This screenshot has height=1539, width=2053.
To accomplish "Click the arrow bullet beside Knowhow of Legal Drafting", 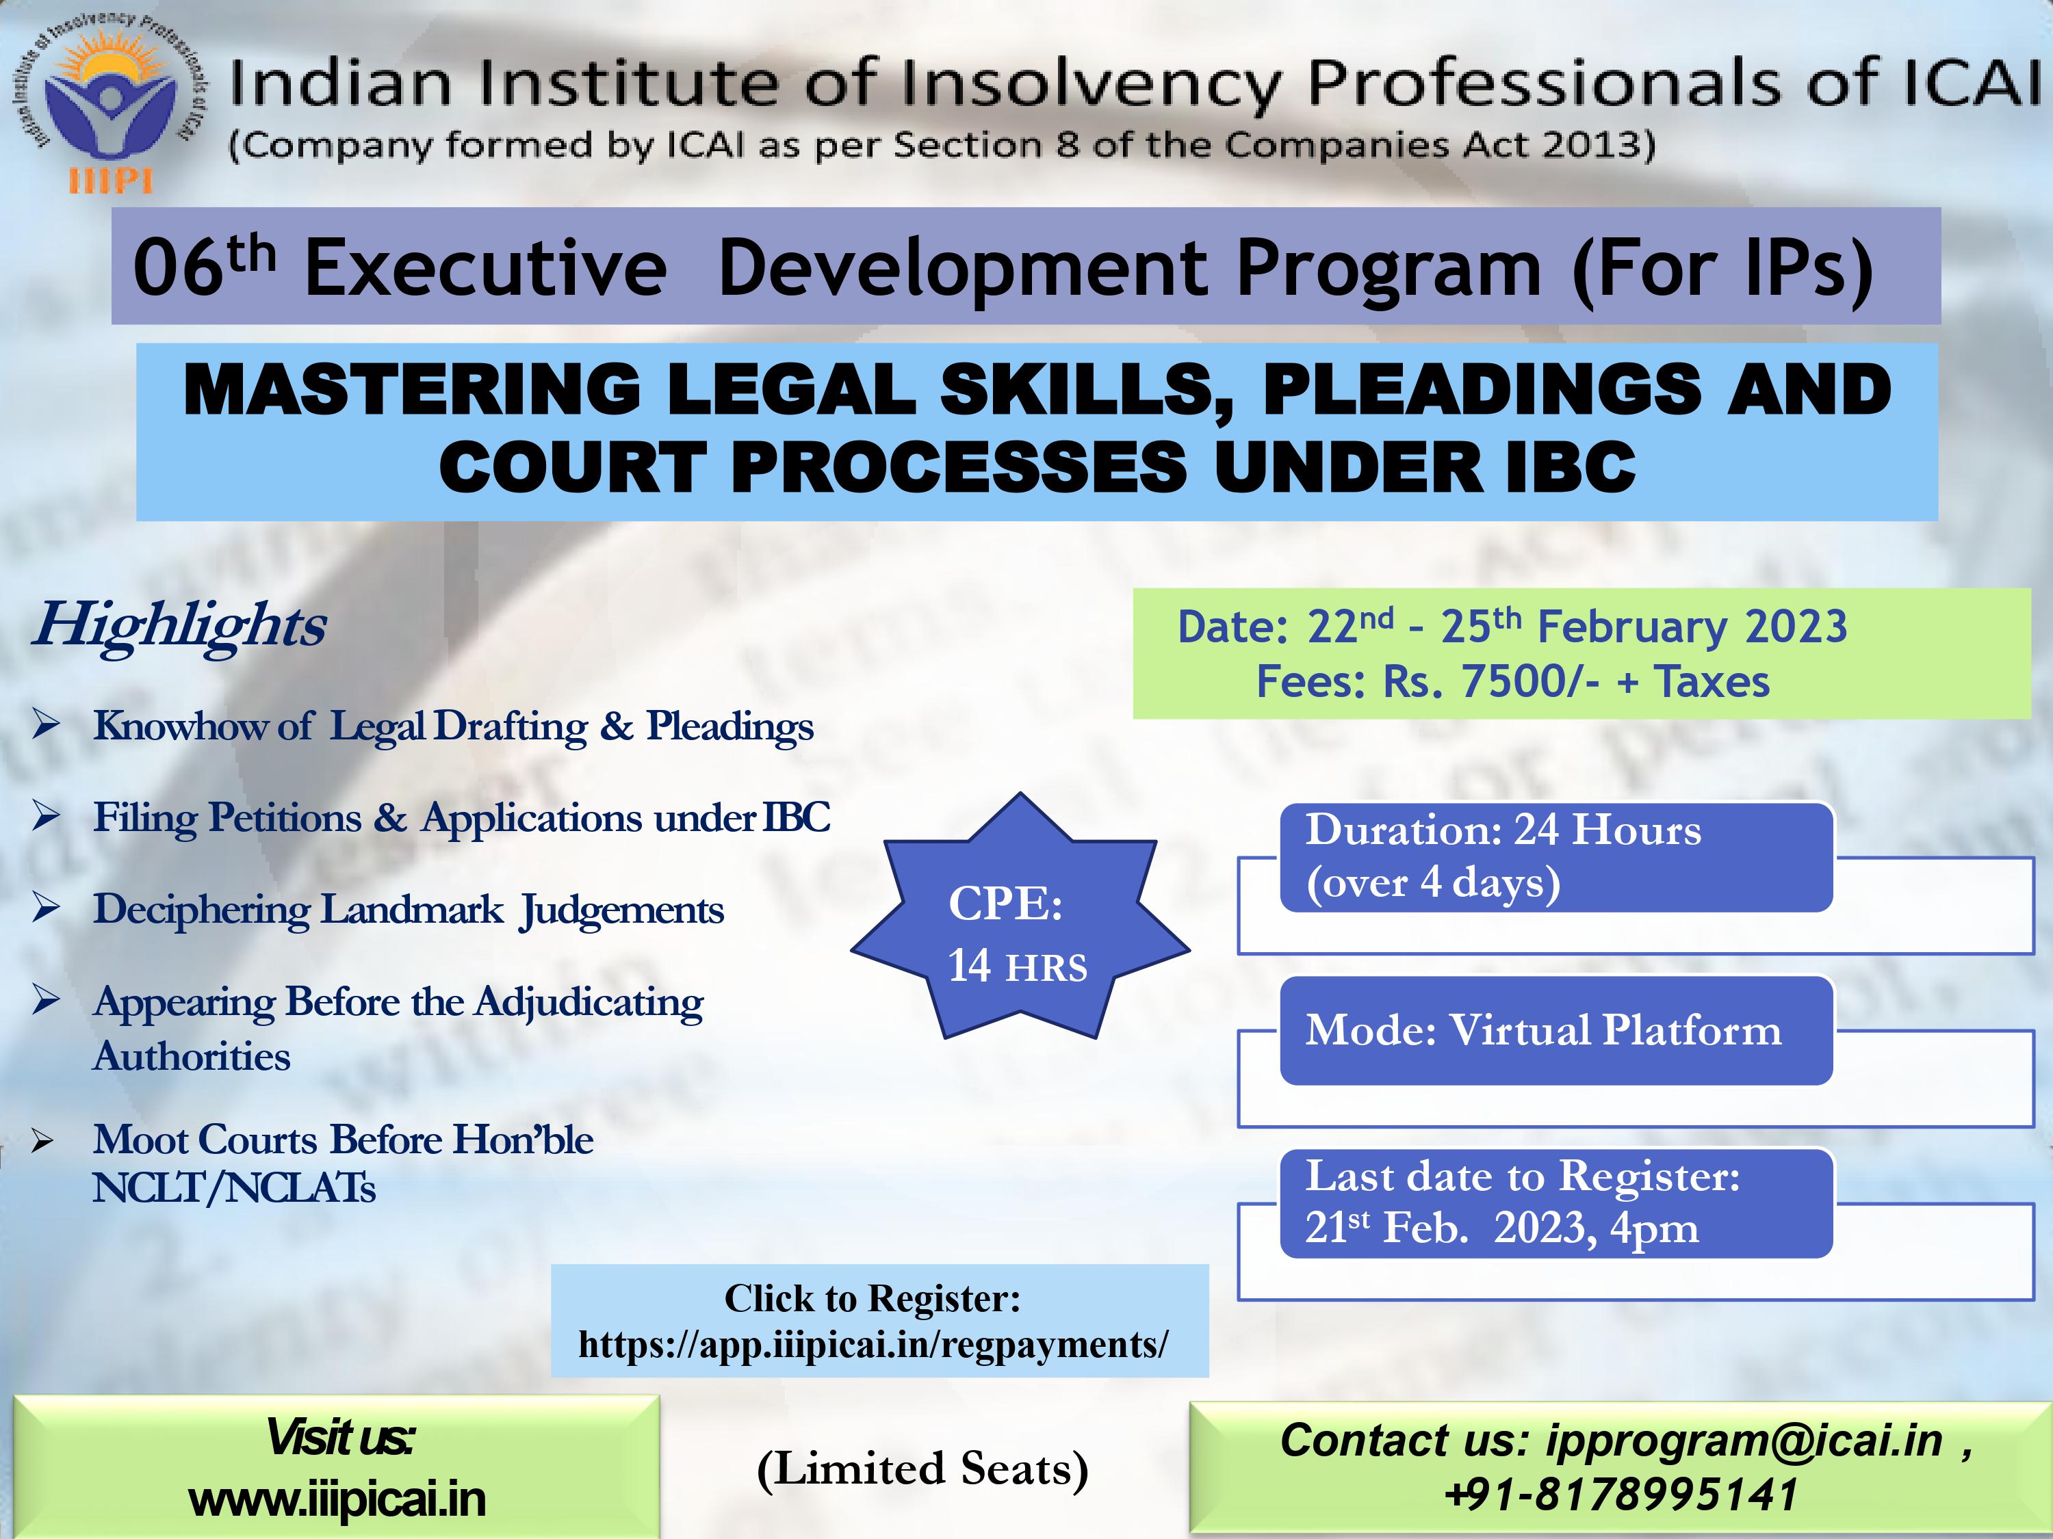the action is pos(47,724).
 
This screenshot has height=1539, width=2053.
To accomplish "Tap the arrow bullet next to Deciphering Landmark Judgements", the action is pos(47,907).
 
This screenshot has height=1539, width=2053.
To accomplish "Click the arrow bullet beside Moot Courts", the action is pos(42,1141).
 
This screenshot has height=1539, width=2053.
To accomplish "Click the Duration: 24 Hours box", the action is pos(1556,857).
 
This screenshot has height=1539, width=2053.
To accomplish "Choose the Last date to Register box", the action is pos(1556,1203).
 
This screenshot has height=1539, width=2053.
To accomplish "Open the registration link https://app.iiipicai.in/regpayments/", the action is pos(873,1344).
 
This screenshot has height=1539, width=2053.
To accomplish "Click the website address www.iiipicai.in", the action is pos(337,1500).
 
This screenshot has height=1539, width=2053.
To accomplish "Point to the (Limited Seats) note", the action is pos(922,1469).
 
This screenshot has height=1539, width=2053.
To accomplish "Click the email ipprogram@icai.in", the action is pos(1744,1441).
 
